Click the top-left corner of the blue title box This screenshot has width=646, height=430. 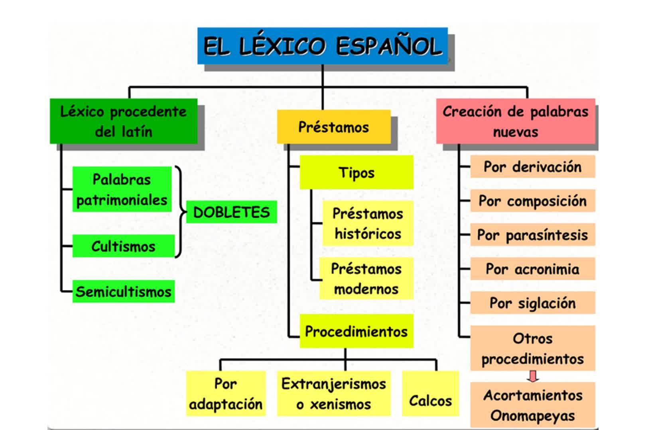(198, 28)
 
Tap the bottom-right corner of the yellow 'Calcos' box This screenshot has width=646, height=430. (459, 416)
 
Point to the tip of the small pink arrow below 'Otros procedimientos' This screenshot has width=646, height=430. (533, 382)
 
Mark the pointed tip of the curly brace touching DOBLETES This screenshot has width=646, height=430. (186, 212)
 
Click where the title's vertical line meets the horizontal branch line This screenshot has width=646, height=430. (323, 87)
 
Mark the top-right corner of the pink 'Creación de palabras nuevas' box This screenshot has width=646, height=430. (595, 99)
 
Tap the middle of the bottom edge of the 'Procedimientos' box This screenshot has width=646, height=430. (356, 348)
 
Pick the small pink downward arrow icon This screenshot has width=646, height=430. (533, 376)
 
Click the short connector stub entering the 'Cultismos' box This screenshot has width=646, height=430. (67, 246)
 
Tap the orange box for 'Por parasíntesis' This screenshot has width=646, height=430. (533, 235)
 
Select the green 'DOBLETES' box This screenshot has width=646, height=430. (232, 212)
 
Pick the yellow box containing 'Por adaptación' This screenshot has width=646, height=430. (226, 393)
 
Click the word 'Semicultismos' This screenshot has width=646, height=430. (124, 292)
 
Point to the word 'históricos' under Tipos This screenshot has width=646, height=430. (368, 234)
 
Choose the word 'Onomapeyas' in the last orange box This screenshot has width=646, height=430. (532, 416)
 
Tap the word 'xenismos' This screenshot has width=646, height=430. (340, 405)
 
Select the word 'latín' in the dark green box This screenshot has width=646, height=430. (137, 132)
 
